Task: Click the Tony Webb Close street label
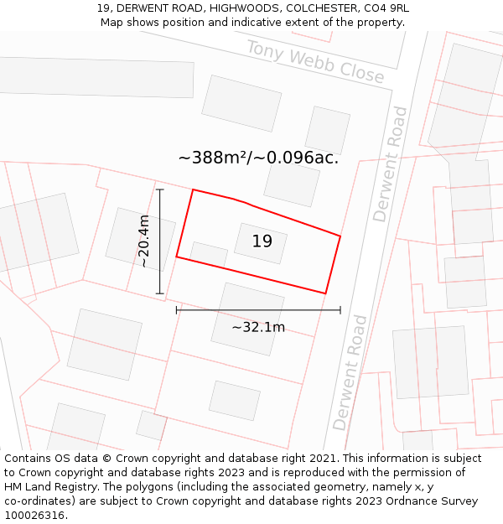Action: pyautogui.click(x=315, y=62)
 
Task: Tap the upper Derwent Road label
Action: pyautogui.click(x=391, y=163)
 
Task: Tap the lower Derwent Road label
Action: pyautogui.click(x=350, y=372)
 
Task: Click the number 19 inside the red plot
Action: pyautogui.click(x=262, y=241)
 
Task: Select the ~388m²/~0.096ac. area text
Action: pyautogui.click(x=258, y=158)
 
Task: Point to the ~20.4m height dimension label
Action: pyautogui.click(x=143, y=241)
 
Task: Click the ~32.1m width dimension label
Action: pyautogui.click(x=258, y=327)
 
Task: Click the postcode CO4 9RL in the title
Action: pyautogui.click(x=383, y=8)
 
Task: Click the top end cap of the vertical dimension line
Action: pyautogui.click(x=160, y=189)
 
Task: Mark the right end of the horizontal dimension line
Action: pyautogui.click(x=340, y=310)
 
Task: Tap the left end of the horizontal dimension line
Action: pyautogui.click(x=176, y=310)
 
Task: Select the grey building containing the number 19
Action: pyautogui.click(x=261, y=243)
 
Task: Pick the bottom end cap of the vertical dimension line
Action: pyautogui.click(x=160, y=293)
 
